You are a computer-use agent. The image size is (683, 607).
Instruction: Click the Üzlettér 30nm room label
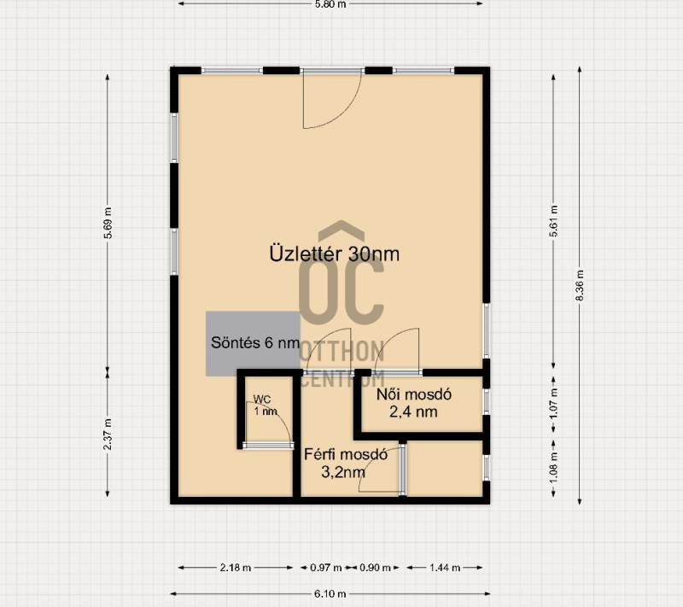(334, 254)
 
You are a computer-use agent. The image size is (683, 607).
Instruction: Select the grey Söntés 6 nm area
(253, 343)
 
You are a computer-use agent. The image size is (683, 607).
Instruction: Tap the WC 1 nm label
(265, 406)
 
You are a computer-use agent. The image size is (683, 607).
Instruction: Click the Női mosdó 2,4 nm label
(413, 403)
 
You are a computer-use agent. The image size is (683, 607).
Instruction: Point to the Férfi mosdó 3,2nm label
(346, 463)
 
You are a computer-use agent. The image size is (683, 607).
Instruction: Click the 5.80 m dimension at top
(330, 4)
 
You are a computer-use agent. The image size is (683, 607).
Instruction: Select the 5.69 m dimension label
(108, 223)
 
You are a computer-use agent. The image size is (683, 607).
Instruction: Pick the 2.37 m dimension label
(108, 435)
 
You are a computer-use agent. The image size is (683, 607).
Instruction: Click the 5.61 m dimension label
(553, 221)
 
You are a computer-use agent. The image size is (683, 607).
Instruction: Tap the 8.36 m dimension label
(580, 285)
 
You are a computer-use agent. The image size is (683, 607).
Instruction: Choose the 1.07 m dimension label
(553, 403)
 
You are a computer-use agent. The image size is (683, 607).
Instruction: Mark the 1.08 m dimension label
(553, 468)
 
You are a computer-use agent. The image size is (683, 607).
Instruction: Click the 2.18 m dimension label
(236, 568)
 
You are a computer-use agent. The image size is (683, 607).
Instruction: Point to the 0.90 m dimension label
(375, 568)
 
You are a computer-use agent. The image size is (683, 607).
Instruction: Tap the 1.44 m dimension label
(445, 568)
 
